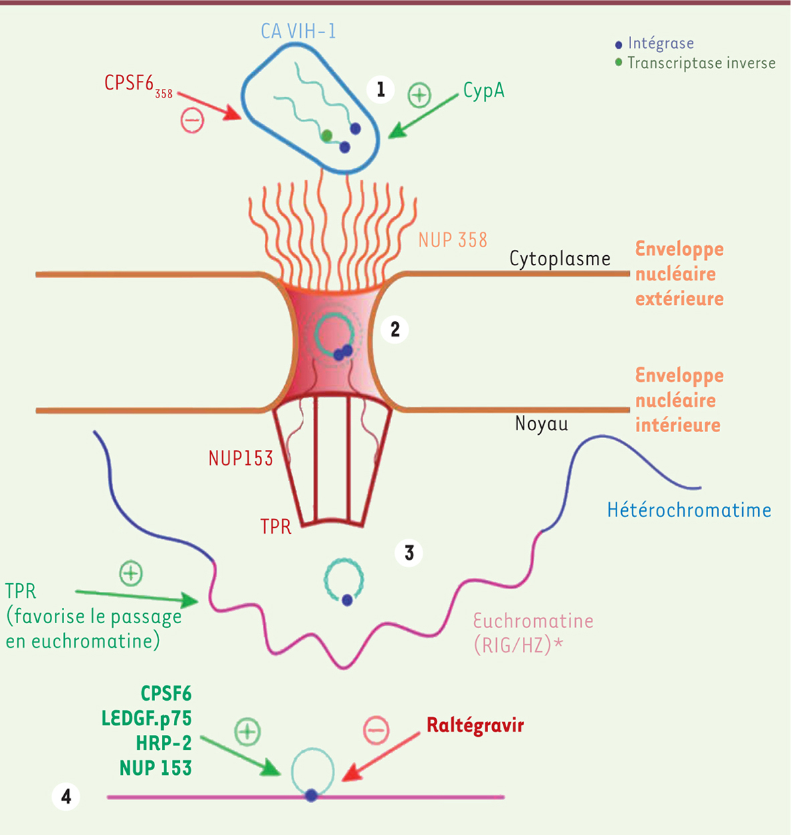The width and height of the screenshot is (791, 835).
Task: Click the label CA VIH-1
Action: point(298,31)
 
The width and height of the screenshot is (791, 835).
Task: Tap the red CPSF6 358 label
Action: point(138,85)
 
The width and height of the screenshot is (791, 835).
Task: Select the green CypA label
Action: point(483,91)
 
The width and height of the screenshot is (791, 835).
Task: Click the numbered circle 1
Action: point(381,89)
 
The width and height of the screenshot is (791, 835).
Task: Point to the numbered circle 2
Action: point(395,329)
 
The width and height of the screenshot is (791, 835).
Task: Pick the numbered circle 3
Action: point(409,552)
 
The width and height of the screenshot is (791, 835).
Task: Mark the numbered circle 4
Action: point(66,796)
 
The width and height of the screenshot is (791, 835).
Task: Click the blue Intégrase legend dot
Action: point(618,45)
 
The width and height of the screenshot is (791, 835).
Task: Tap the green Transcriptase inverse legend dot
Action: point(618,63)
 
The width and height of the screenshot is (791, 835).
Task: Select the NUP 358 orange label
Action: point(453,240)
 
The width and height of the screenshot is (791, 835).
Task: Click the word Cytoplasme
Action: point(560,259)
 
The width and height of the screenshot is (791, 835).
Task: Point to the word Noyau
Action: point(542,424)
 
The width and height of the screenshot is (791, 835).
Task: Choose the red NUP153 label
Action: point(241,458)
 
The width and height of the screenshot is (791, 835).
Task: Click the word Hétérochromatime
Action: point(689,510)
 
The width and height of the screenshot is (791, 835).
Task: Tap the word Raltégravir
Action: point(475,725)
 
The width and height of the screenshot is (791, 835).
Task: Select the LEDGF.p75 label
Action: point(146,718)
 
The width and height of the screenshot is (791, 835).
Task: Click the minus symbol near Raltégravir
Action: point(376,730)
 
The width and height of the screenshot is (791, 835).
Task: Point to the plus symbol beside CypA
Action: point(419,95)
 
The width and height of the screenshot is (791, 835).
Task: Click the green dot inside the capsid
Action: point(326,136)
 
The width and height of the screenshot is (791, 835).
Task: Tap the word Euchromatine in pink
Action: point(533,621)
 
